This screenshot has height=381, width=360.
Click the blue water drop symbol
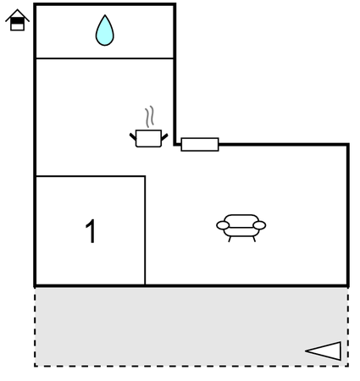tap(105, 30)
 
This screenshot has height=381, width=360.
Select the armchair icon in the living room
tap(241, 228)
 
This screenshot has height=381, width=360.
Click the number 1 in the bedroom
tap(91, 231)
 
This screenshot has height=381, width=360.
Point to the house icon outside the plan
tap(17, 19)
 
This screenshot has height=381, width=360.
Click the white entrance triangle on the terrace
tap(324, 351)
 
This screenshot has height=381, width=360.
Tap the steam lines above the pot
tap(150, 116)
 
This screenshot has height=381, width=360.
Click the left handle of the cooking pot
tap(133, 137)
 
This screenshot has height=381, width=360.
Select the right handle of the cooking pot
tap(164, 137)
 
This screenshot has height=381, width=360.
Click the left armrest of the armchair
tap(223, 225)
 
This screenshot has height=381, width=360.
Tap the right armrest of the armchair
tap(259, 225)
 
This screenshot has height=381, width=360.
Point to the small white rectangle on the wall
tap(200, 145)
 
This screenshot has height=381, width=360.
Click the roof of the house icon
tap(17, 14)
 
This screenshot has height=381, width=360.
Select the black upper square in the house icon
tap(17, 20)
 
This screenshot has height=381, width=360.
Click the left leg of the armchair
tap(230, 239)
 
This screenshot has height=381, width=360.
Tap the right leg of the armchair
tap(254, 239)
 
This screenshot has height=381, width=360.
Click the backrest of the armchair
tap(241, 221)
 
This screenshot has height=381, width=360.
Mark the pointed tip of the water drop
tap(105, 15)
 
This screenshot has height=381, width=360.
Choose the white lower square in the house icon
tap(17, 27)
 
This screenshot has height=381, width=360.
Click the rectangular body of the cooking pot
tap(148, 138)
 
